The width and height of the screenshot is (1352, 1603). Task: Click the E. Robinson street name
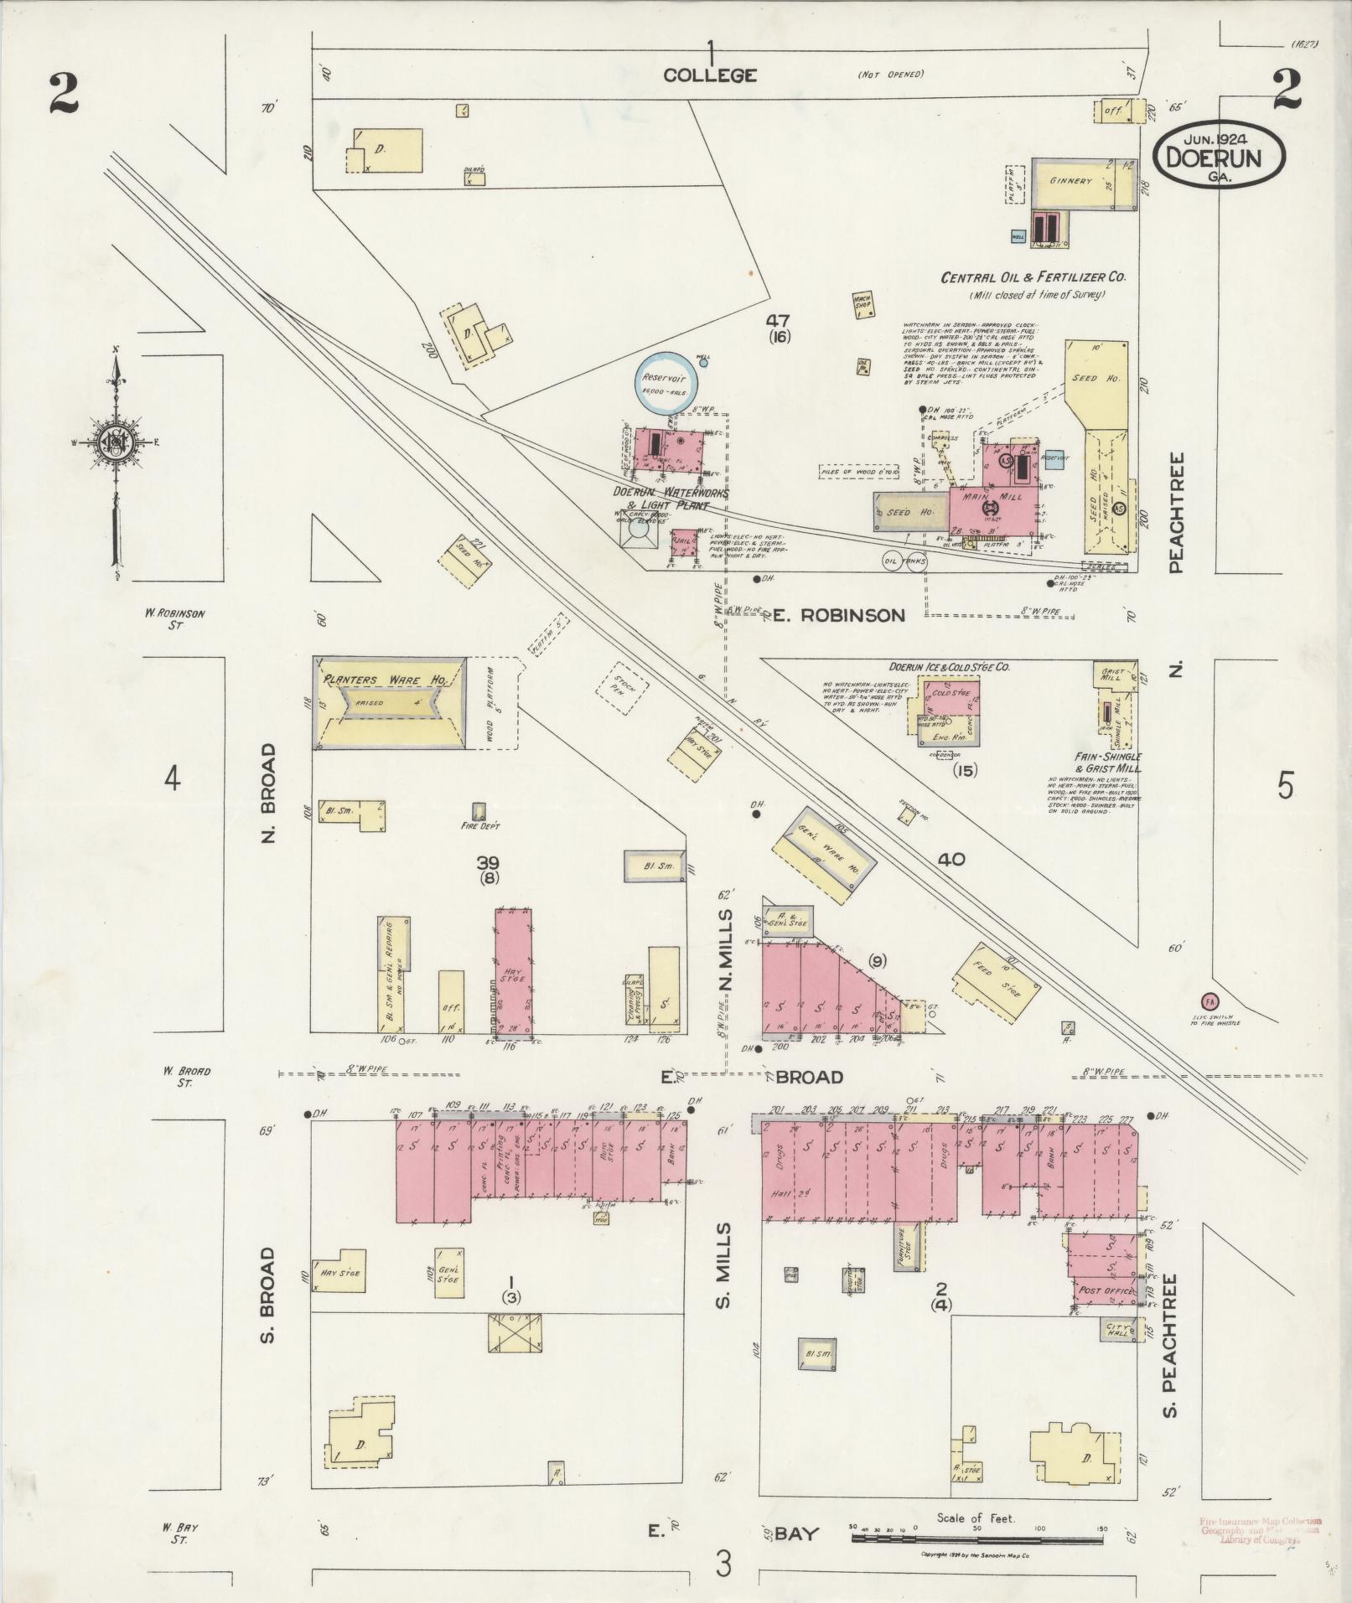(838, 615)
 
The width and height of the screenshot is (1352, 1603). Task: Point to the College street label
(710, 75)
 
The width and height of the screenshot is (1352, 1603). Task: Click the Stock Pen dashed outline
(625, 686)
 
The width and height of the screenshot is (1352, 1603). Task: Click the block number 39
(489, 863)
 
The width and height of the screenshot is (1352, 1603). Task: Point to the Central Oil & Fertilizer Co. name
(1033, 277)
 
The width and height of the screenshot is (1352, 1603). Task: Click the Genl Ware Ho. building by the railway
(825, 855)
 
